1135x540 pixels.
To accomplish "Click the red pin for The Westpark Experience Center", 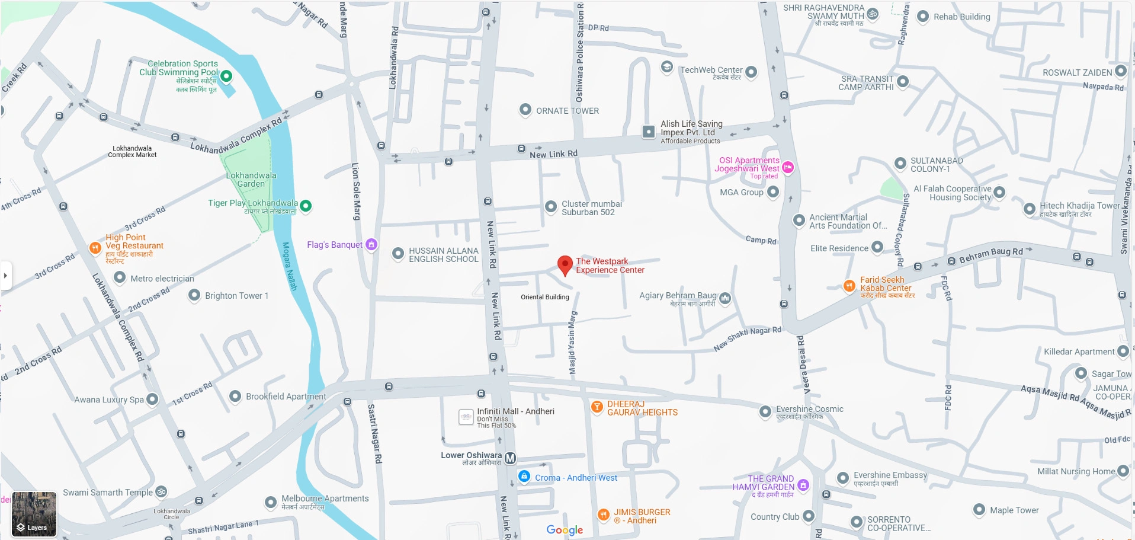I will [565, 265].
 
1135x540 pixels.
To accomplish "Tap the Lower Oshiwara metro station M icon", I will [510, 458].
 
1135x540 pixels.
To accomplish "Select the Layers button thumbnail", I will [34, 513].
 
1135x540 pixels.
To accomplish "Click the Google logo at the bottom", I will [565, 530].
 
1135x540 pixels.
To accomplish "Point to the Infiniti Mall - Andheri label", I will [515, 411].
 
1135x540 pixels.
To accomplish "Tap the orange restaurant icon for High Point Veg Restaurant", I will [95, 248].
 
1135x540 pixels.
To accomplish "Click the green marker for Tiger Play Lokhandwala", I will [306, 206].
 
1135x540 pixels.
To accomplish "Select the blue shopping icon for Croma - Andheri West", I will [524, 477].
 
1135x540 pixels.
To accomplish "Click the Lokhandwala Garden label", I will [251, 180].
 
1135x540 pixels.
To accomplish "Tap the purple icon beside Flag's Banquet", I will [371, 244].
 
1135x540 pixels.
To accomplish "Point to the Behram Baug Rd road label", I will [990, 255].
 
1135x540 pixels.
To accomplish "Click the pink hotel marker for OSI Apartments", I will [788, 168].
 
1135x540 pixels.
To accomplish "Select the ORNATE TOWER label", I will [567, 111].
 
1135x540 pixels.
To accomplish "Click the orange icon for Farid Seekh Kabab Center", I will [849, 286].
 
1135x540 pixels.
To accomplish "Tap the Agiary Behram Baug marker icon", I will [725, 298].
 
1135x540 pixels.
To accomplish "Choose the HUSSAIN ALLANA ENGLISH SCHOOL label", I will [443, 255].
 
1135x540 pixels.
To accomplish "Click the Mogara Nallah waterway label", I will [289, 266].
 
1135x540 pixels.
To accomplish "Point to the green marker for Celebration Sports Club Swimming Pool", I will [226, 76].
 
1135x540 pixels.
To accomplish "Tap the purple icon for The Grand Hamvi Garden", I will [803, 485].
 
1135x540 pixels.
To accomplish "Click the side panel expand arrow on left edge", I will [6, 275].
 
